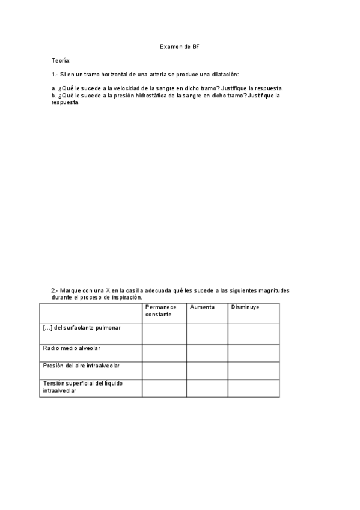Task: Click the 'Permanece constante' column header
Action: (160, 310)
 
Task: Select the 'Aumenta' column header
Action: (202, 307)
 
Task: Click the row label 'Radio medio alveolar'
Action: (72, 348)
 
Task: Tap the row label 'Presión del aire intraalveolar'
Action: (84, 365)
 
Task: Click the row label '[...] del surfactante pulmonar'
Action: (82, 327)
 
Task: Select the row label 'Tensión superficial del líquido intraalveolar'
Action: (83, 386)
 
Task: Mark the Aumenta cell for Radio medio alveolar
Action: (207, 353)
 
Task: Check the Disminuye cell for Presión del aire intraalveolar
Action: (253, 370)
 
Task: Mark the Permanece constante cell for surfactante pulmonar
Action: (164, 334)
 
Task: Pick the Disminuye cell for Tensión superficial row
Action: (253, 388)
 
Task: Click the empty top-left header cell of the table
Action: (91, 313)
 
